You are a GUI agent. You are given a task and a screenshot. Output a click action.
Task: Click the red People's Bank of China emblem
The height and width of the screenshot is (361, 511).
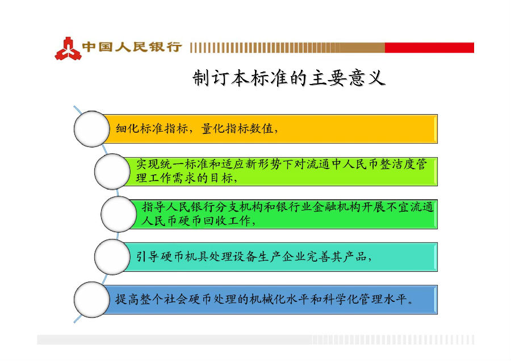coord(68,49)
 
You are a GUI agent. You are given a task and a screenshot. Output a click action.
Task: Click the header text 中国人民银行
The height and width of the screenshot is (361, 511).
coord(132,47)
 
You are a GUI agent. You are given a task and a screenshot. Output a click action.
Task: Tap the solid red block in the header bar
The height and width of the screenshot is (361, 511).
coord(429,47)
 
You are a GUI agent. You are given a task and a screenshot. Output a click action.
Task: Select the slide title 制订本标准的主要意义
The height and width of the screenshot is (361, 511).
coord(289,78)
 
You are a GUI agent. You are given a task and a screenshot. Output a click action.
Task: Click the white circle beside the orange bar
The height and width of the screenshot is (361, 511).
coord(91,129)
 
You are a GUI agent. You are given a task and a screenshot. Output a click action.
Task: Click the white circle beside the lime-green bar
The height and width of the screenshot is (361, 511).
coord(112,172)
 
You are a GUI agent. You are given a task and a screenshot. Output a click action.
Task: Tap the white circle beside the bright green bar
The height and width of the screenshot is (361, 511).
coord(119,214)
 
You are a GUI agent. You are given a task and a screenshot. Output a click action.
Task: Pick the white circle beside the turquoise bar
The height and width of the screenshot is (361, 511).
coord(112,257)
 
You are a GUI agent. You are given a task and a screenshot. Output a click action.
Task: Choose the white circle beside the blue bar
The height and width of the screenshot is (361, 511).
coord(91,300)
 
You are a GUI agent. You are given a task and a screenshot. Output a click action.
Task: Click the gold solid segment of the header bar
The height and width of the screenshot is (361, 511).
coord(362,47)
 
